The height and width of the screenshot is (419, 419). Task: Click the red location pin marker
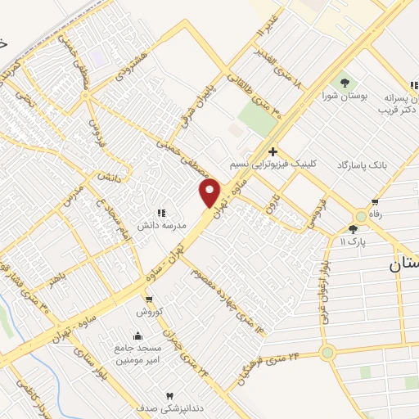point(210,192)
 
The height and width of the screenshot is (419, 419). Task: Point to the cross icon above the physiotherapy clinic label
point(273,151)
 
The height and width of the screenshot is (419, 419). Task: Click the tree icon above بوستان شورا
point(345,83)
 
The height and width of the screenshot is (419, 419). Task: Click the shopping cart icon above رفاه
point(375,202)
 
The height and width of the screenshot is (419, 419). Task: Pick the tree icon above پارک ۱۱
point(353,230)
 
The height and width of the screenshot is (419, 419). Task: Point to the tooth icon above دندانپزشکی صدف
point(170,396)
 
